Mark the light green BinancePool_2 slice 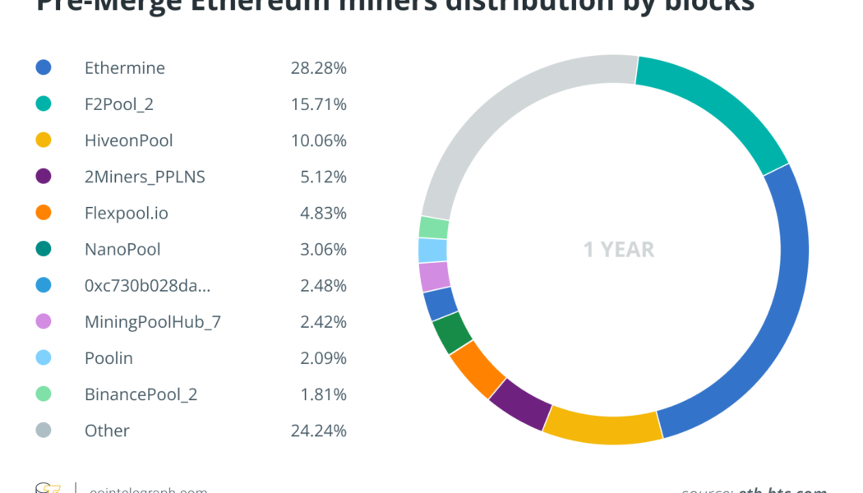pos(433,228)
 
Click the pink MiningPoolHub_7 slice pos(434,276)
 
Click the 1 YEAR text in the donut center pos(618,250)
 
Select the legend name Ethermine pos(125,68)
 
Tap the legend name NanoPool pos(122,250)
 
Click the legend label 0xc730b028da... pos(147,286)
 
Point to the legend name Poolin pos(108,358)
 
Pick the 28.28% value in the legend pos(318,68)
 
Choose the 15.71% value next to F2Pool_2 pos(318,104)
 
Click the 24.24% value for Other pos(318,431)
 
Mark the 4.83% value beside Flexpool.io pos(322,214)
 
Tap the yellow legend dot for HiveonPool pos(44,141)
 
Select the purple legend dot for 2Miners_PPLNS pos(44,177)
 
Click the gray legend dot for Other pos(44,431)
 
